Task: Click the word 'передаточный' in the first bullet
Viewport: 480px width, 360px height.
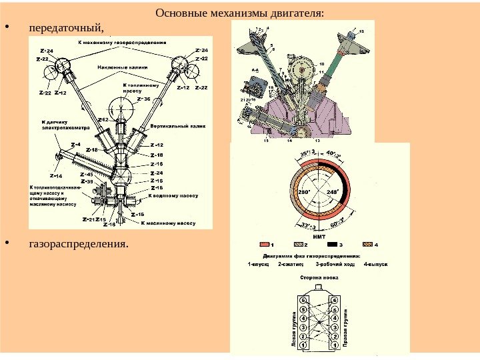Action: pos(65,28)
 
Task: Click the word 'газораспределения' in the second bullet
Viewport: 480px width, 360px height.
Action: pos(77,243)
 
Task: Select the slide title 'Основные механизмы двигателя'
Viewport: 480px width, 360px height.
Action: pos(239,12)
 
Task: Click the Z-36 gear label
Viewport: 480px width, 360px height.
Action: pos(144,99)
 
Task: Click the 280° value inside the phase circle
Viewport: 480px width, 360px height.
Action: pos(304,192)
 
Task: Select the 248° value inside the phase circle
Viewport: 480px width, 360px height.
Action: pos(334,192)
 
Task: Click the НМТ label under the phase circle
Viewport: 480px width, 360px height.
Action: pos(319,236)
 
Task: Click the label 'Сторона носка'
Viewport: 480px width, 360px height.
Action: pos(319,277)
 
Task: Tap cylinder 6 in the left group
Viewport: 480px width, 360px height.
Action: pos(304,301)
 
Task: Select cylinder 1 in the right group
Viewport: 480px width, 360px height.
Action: pos(333,346)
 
